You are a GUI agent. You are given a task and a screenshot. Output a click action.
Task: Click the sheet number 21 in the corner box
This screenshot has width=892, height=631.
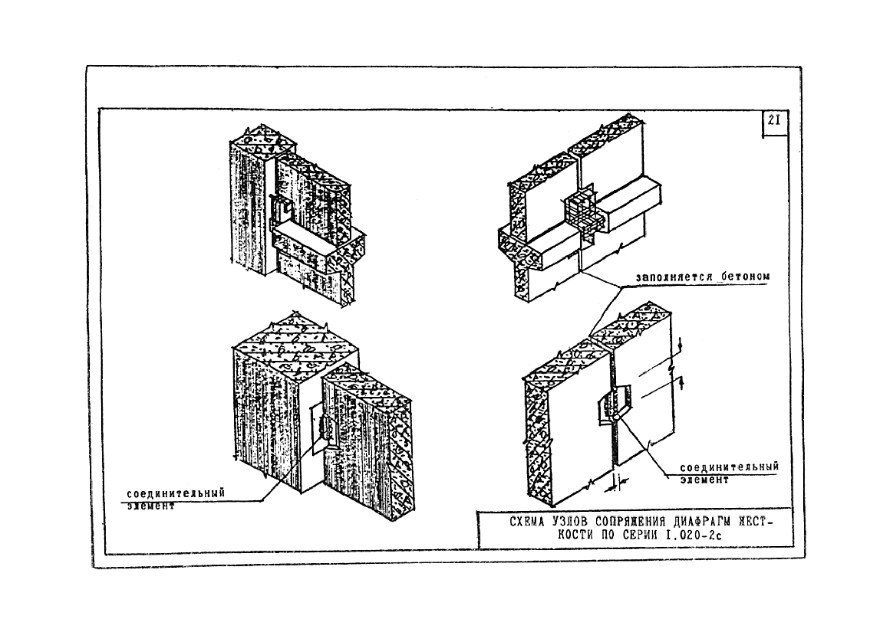click(774, 121)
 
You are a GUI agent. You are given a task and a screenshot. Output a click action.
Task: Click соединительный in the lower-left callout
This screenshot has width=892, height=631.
click(175, 493)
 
